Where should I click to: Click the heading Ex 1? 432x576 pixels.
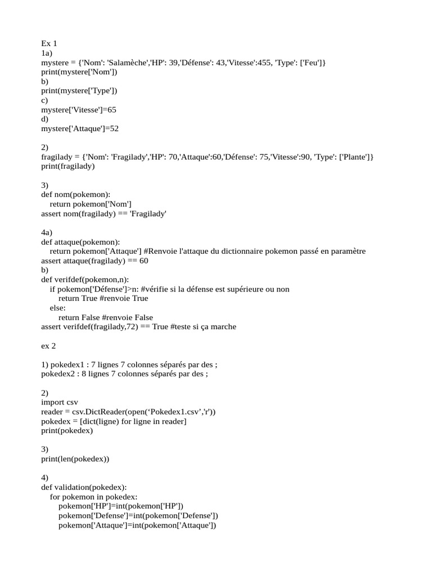(49, 43)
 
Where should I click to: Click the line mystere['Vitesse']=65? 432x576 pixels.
(79, 110)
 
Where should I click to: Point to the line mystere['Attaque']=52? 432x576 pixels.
(80, 129)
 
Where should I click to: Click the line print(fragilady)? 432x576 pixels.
(68, 166)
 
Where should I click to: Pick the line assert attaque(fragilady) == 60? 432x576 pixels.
(94, 261)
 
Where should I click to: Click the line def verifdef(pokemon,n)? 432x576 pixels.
(85, 280)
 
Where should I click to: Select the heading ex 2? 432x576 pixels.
(49, 346)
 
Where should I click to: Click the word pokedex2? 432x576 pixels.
(58, 374)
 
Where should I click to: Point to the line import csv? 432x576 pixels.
(60, 403)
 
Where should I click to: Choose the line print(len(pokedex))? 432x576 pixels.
(75, 459)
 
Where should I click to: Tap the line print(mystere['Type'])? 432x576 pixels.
(79, 91)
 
